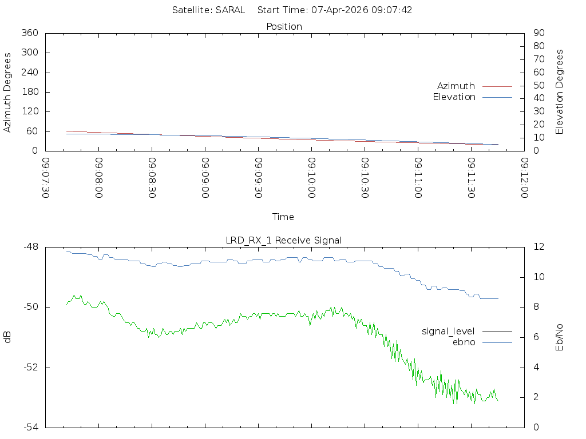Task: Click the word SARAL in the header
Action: [x=231, y=10]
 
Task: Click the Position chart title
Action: [x=284, y=26]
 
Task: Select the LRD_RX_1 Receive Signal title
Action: [x=284, y=240]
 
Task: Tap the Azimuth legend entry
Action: [x=456, y=86]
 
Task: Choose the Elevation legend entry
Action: [x=454, y=97]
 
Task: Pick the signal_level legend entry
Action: [x=448, y=331]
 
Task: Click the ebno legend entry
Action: [x=464, y=342]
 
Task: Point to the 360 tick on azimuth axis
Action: [x=29, y=33]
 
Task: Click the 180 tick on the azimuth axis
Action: [x=29, y=92]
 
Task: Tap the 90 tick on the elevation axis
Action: [x=538, y=33]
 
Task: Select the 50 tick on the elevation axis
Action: [x=538, y=85]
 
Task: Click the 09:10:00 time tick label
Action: [x=312, y=178]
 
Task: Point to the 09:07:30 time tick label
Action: [x=46, y=178]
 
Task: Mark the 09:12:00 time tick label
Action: [x=524, y=178]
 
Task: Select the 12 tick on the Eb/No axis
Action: [x=538, y=247]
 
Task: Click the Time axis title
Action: [x=283, y=217]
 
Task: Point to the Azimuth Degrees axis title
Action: [x=8, y=92]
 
